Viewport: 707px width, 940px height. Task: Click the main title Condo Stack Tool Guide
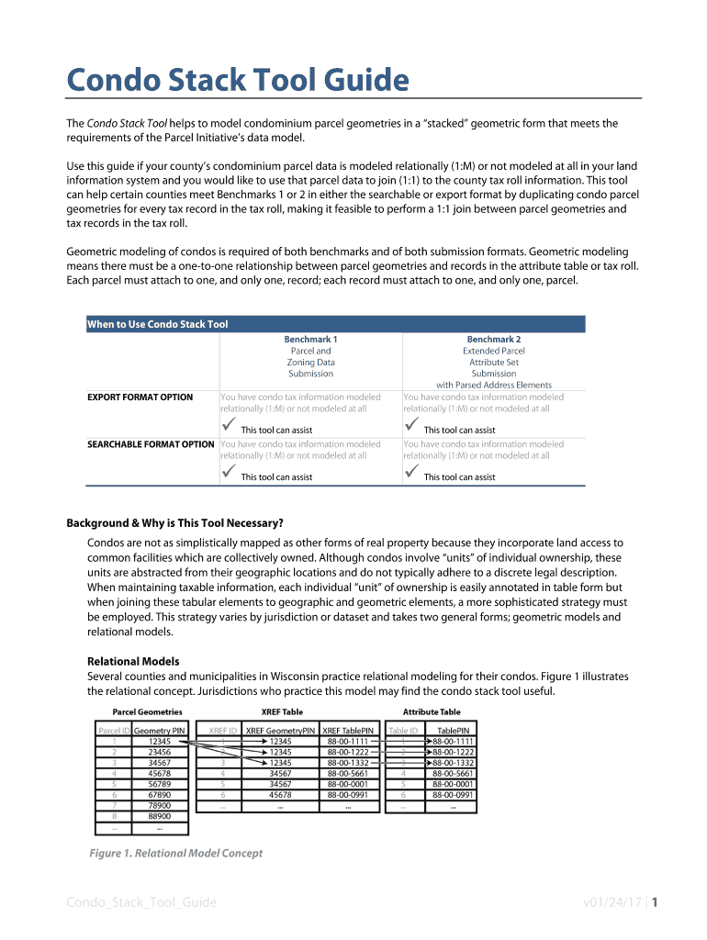[237, 81]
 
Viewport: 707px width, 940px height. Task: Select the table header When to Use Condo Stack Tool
[157, 324]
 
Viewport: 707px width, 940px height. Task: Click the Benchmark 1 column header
[310, 339]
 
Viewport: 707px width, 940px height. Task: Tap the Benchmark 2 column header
[493, 339]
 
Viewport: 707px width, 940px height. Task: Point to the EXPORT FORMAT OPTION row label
[140, 397]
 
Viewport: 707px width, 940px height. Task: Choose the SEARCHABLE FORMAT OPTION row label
[151, 444]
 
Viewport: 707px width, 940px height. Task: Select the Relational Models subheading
[133, 661]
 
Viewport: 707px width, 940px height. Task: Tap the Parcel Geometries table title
[147, 712]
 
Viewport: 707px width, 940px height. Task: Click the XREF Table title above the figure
[282, 712]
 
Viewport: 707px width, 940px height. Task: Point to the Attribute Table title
[432, 712]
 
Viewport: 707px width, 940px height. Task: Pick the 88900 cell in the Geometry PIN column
[160, 815]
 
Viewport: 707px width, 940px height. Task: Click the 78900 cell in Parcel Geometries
[160, 805]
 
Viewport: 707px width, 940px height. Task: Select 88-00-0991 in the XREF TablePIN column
[348, 795]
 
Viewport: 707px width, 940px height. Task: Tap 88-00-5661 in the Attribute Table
[453, 774]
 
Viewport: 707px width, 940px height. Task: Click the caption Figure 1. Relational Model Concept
[175, 854]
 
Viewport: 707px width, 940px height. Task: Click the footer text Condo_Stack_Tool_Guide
[141, 902]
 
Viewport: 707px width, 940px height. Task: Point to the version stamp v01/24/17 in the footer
[612, 902]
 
